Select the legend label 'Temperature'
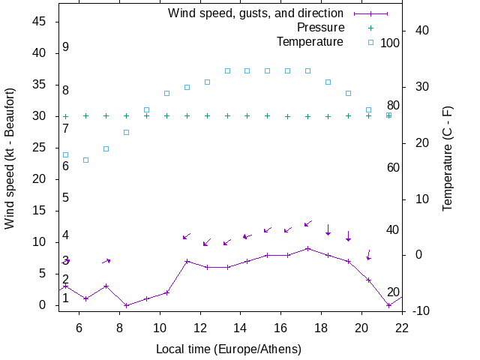310,41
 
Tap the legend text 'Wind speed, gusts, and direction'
256,13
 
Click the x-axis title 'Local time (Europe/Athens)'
229,349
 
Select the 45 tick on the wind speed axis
41,22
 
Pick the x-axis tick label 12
200,327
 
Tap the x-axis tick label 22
403,327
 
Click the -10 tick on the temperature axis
421,310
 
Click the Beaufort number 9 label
66,47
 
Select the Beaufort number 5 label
66,198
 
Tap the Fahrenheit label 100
390,43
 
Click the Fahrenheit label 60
393,167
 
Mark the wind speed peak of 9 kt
307,248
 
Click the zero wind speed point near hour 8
126,305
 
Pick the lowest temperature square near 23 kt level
86,160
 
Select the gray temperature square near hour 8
126,132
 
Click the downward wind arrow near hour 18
328,229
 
